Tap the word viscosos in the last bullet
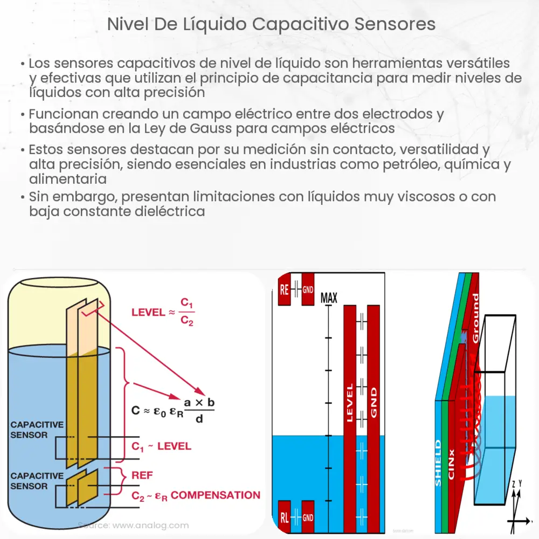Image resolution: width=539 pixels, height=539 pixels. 399,197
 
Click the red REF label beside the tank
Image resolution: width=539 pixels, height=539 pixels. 142,475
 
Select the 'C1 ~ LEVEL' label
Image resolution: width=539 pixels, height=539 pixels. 161,446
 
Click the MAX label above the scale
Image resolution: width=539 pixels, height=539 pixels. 328,297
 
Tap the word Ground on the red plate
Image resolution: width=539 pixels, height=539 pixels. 475,318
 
